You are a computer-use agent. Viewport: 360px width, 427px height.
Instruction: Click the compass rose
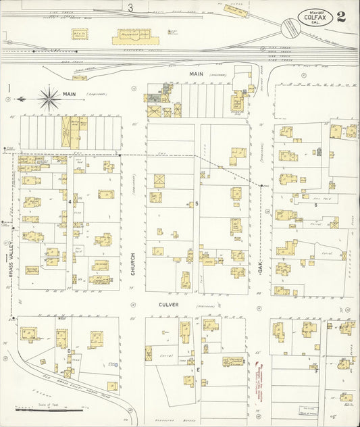click(49, 99)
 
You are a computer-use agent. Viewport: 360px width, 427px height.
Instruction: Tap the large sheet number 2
click(342, 17)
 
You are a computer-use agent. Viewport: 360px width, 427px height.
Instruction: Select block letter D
click(69, 351)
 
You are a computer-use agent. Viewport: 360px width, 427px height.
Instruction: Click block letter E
click(198, 370)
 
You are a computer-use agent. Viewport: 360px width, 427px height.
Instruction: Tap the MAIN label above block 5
click(196, 73)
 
